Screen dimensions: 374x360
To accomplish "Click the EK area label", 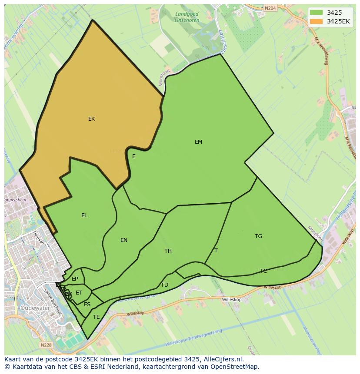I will (91, 119).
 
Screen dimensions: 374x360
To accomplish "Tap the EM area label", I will (198, 142).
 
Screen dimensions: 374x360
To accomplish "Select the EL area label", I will (84, 215).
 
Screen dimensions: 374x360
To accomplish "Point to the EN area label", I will (124, 240).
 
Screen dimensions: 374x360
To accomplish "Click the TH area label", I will (168, 251).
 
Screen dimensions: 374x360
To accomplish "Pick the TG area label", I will (258, 236).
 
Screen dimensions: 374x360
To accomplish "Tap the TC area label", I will (263, 271).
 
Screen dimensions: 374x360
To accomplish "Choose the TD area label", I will (164, 285).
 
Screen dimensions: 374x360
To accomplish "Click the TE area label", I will (97, 317).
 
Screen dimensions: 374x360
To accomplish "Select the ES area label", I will (87, 304).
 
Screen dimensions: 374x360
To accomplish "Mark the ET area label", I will (79, 293).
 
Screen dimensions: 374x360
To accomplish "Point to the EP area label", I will (75, 279).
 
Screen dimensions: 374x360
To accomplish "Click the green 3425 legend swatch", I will (317, 13).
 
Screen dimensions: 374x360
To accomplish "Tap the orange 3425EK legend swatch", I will (317, 21).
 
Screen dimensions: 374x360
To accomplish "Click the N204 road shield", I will (270, 8).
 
